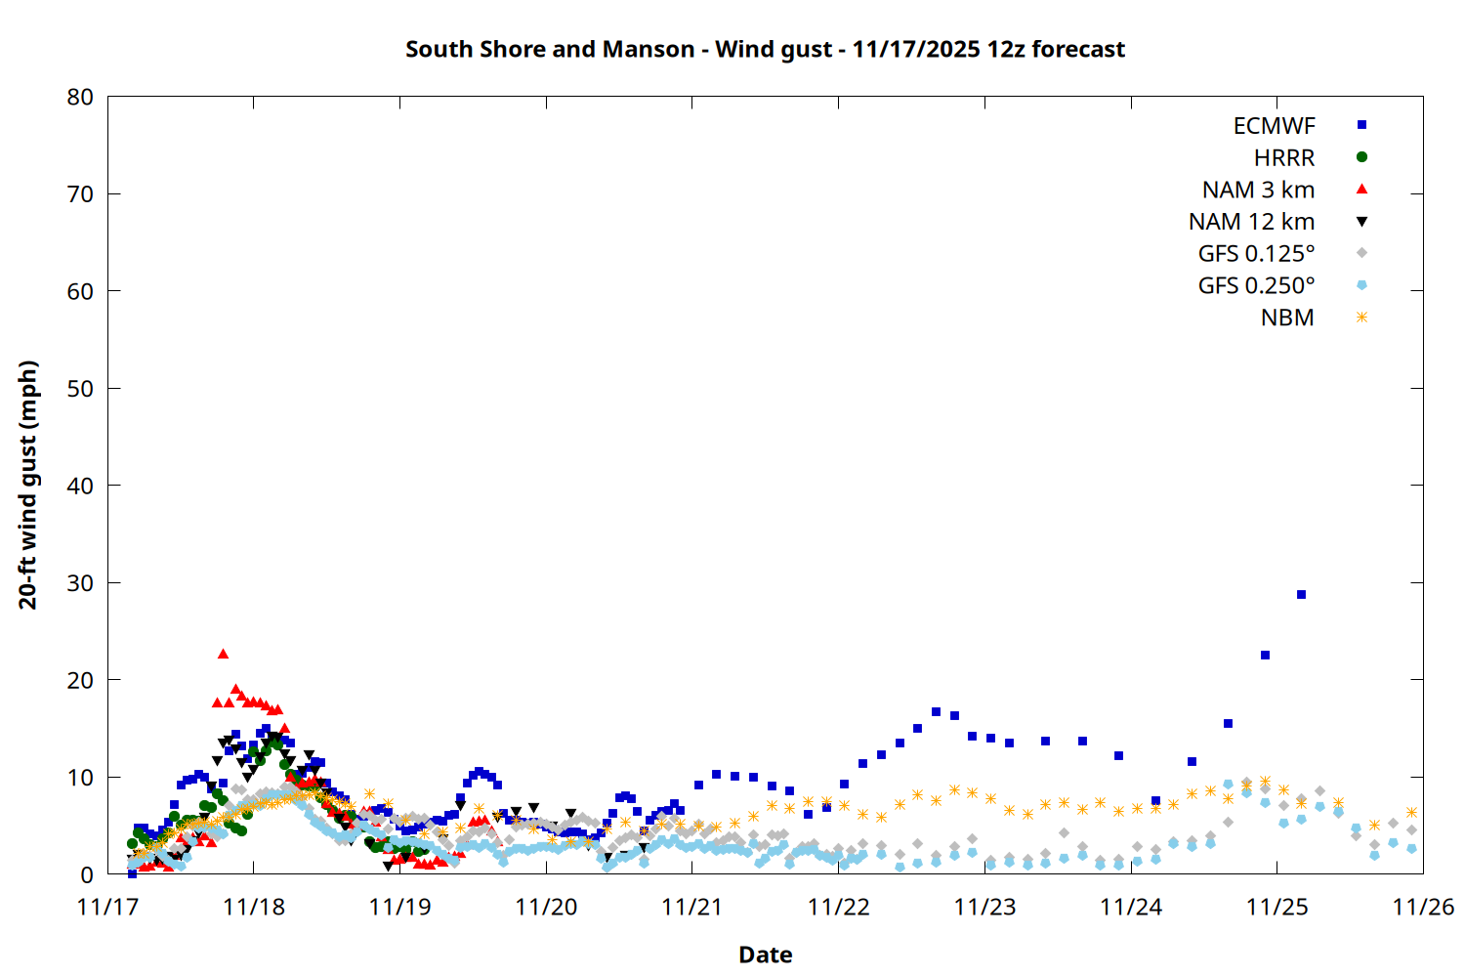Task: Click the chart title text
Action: pos(765,49)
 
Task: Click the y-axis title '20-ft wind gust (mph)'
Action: pos(28,485)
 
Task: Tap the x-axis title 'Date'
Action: pos(765,955)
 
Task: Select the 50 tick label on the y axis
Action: pos(80,388)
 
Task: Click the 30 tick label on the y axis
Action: pos(80,582)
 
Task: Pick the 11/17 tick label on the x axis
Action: pos(107,907)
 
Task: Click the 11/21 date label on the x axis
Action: pos(691,907)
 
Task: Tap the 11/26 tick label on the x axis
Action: pos(1422,907)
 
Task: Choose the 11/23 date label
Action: pos(984,907)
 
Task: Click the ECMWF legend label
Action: pos(1274,126)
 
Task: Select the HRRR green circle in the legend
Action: pos(1361,157)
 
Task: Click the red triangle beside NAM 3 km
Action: pos(1361,189)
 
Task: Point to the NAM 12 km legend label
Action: pos(1251,222)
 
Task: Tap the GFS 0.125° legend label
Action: pos(1256,254)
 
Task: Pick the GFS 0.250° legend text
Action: pos(1256,286)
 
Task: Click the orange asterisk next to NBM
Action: pos(1361,318)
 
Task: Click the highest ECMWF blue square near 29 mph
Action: pos(1301,594)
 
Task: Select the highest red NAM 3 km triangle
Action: pos(223,654)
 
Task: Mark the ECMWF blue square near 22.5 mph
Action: pos(1265,655)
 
